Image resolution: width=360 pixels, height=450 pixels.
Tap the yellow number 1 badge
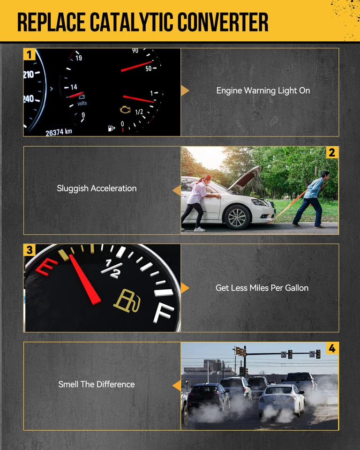point(30,54)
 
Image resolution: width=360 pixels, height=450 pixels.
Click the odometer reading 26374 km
point(59,133)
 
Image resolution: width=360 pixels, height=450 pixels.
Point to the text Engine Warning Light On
point(263,90)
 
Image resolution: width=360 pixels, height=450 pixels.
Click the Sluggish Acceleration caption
point(97,188)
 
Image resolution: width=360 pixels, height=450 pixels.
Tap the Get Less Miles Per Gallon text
point(262,288)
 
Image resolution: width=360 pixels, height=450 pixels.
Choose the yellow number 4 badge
point(332,348)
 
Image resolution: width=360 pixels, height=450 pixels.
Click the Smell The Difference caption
point(97,384)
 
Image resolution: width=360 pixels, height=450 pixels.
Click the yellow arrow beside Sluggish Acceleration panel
point(177,190)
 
